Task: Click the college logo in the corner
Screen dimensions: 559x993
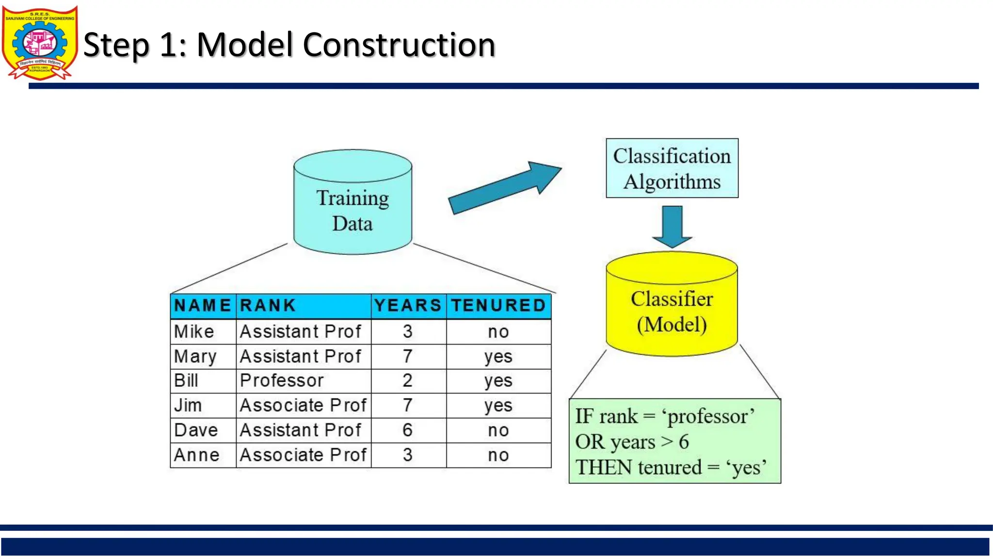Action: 40,43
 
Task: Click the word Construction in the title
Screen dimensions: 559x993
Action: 399,45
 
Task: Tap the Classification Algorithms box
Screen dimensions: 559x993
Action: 672,168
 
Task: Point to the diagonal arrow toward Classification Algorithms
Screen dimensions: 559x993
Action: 504,188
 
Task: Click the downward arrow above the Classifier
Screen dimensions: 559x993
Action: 672,226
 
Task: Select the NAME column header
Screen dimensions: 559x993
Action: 203,306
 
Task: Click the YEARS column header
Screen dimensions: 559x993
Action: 408,306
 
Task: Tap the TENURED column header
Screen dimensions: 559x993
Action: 498,306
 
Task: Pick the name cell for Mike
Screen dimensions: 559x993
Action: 194,332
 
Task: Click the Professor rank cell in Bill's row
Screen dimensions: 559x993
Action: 282,381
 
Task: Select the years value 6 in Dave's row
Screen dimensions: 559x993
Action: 407,430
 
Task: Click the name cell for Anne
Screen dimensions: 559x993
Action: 197,455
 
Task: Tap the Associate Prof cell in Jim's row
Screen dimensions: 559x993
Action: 303,406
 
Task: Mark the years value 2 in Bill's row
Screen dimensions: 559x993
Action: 407,381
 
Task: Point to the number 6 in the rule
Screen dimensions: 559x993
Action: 684,442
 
